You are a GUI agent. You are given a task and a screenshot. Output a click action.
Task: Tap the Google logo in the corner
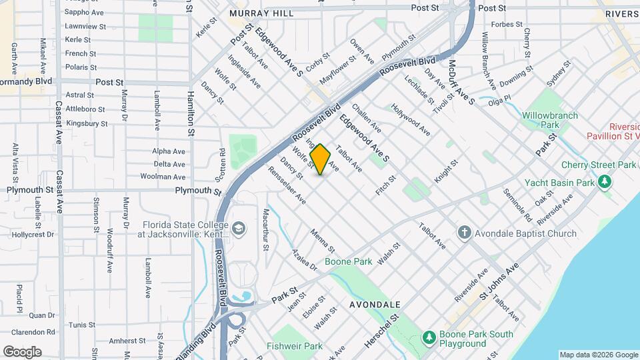coord(22,352)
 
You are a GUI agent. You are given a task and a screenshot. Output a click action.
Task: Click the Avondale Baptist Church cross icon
coord(465,233)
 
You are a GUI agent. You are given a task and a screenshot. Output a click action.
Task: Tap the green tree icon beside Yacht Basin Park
coord(605,182)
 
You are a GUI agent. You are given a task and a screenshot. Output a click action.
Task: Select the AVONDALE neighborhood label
coord(375,304)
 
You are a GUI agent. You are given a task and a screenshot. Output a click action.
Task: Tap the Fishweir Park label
coord(295,346)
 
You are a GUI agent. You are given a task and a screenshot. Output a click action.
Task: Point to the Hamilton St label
coord(190,113)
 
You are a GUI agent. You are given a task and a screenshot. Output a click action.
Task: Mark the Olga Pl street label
coord(499,101)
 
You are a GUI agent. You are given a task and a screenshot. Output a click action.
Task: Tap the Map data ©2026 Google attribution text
coord(598,355)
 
